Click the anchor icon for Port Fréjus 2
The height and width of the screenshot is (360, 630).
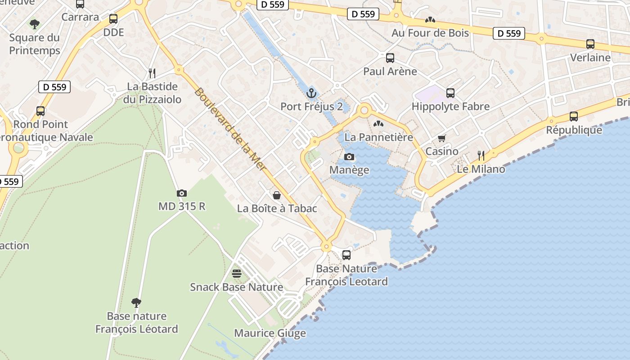(x=311, y=93)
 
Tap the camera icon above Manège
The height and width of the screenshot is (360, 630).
(x=349, y=157)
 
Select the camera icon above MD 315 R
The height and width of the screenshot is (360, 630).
(x=182, y=193)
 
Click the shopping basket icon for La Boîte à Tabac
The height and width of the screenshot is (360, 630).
(x=277, y=195)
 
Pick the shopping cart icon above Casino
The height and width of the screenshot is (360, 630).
(x=441, y=138)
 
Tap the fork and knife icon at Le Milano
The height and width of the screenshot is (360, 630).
(x=481, y=156)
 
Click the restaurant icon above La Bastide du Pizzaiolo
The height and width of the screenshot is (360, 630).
(x=152, y=73)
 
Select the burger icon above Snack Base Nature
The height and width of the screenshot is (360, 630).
(x=236, y=274)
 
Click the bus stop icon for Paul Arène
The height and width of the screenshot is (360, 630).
(x=390, y=58)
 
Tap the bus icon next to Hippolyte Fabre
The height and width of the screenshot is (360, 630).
(x=450, y=93)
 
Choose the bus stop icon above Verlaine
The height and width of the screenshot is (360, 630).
(x=590, y=44)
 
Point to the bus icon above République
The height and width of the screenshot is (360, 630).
(x=573, y=117)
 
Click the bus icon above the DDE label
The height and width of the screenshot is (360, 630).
(x=113, y=19)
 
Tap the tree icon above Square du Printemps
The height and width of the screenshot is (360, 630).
(x=35, y=23)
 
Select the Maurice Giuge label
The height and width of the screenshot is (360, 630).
(x=270, y=333)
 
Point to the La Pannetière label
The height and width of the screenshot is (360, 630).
(x=378, y=137)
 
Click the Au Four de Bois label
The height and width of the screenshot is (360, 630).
(x=430, y=33)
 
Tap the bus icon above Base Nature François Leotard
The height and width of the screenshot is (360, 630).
(x=346, y=255)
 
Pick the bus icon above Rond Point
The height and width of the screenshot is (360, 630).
(x=40, y=111)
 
